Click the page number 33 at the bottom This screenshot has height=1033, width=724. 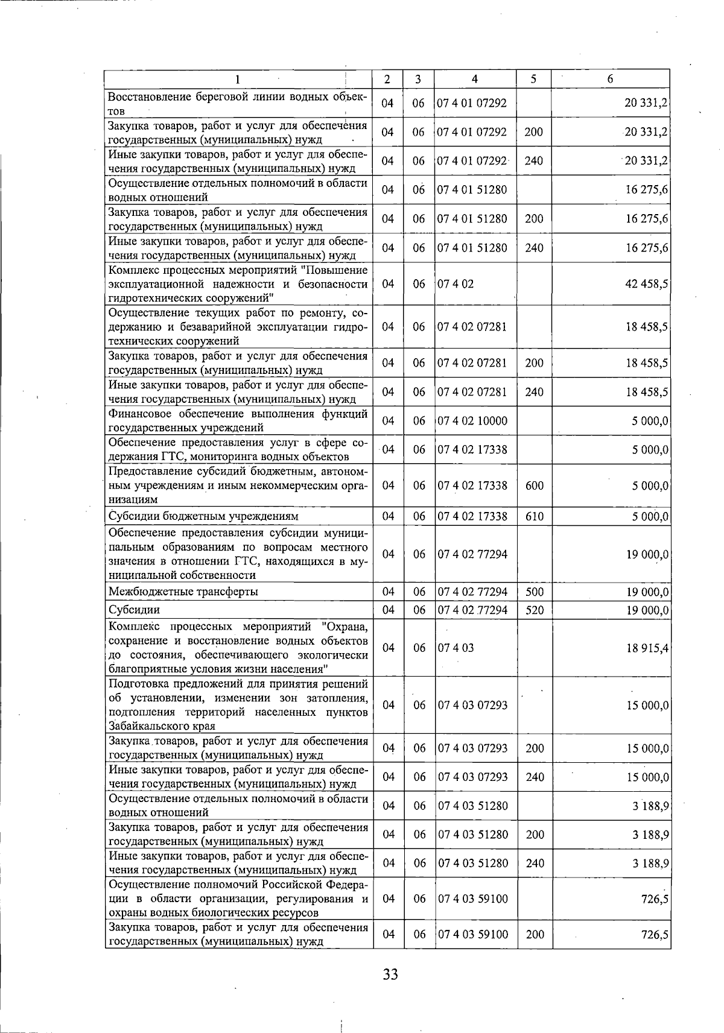coord(390,973)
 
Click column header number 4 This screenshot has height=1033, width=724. coord(475,79)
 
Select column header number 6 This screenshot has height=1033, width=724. coord(610,79)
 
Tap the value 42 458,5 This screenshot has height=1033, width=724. coord(647,284)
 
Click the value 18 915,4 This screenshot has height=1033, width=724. coord(647,648)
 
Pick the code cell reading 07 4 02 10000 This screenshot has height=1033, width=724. coord(472,421)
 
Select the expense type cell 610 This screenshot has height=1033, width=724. coord(534,517)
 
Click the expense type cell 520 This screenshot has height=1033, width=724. coord(534,610)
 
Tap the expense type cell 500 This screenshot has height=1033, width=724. coord(534,592)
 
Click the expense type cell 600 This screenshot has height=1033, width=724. coord(534,485)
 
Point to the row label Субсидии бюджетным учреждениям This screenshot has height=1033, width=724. coord(203,517)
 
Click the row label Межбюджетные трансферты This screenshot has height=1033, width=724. coord(183,592)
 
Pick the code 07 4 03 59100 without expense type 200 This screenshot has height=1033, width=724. coord(473,899)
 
